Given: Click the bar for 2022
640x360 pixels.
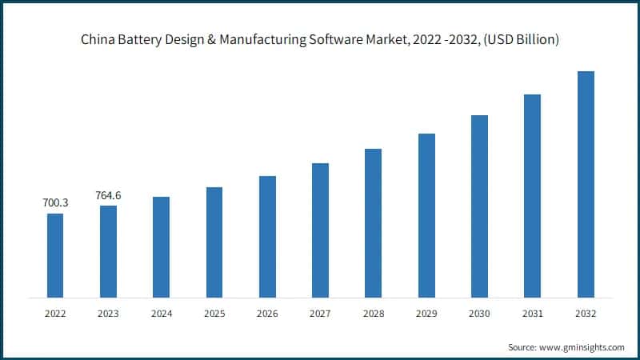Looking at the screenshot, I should (55, 256).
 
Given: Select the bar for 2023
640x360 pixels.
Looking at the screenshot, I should (108, 252).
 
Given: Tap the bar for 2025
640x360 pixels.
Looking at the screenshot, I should (214, 242).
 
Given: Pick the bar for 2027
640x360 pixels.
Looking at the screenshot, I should (320, 230).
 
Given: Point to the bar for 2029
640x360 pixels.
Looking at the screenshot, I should (426, 216).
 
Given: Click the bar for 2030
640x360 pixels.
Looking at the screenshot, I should (479, 206).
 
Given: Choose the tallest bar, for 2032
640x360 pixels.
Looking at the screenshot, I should (586, 185).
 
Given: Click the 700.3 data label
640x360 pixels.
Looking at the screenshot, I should (55, 203).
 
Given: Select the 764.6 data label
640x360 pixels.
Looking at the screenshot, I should (108, 195).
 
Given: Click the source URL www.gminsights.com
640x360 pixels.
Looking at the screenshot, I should (582, 347).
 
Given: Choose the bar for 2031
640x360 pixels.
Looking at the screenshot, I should (532, 196).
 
